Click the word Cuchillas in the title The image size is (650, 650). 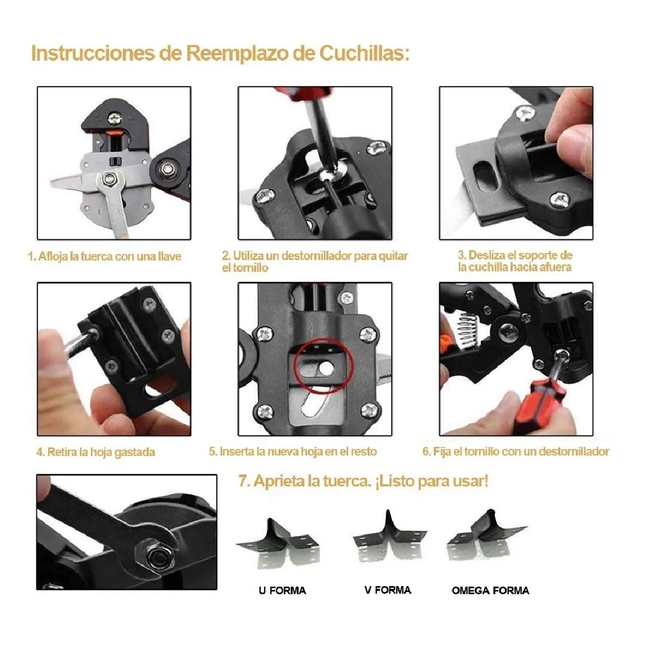(365, 53)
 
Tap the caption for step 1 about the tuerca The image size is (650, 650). (105, 256)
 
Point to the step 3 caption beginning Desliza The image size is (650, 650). (515, 261)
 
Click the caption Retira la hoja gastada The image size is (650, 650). (96, 452)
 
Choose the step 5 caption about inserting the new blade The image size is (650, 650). (293, 451)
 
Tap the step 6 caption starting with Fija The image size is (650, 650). (516, 451)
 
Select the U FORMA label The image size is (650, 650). (282, 590)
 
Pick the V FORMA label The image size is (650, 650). (388, 590)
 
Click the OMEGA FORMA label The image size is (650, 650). (490, 590)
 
